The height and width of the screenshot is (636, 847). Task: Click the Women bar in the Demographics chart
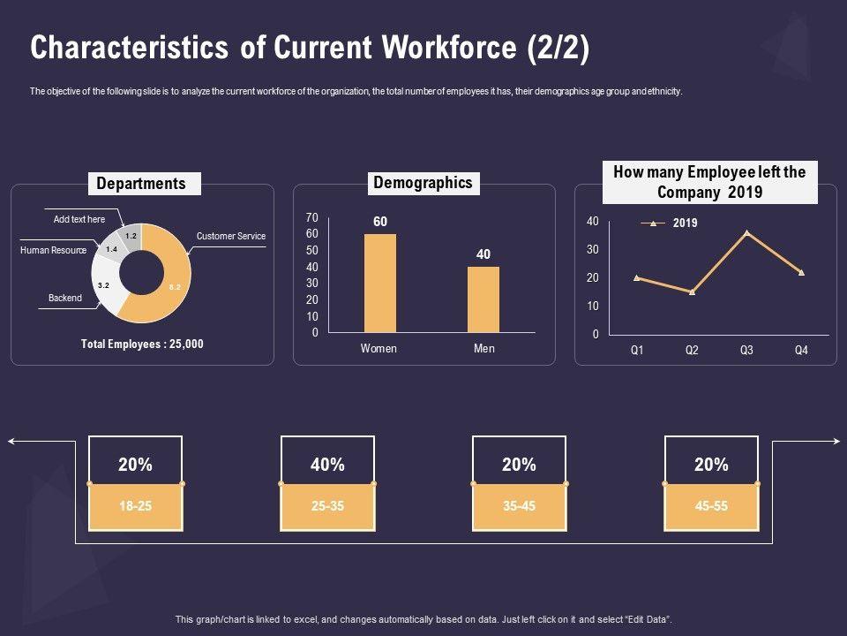(380, 283)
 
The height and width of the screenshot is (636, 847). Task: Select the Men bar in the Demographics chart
(483, 299)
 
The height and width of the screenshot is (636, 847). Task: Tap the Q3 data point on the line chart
(746, 233)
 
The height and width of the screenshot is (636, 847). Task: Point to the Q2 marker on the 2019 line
(692, 291)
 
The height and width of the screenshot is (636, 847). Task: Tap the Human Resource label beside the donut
(53, 250)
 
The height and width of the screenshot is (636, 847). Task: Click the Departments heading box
(141, 184)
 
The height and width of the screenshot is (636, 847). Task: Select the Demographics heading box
(423, 183)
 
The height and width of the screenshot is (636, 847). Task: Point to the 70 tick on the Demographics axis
(311, 217)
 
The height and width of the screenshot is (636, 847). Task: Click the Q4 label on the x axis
(801, 350)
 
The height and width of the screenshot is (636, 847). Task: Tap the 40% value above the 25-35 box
(327, 465)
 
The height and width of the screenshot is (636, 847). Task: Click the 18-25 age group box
(136, 506)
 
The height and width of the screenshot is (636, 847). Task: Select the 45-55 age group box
(711, 506)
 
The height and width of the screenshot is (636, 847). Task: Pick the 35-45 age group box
(519, 506)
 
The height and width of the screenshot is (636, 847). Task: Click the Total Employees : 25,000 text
(142, 344)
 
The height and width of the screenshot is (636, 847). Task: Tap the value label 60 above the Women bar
(380, 222)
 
